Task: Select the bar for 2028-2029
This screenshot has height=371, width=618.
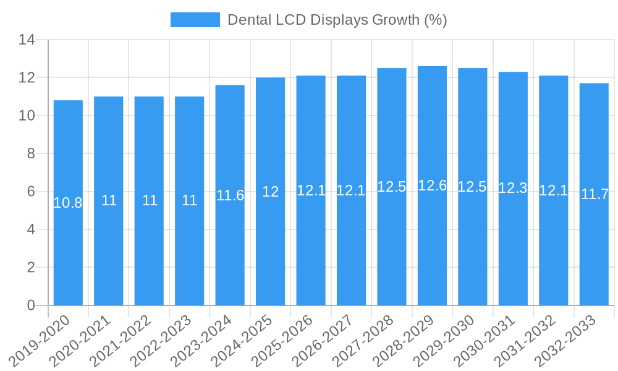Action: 432,247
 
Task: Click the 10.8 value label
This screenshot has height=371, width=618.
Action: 68,203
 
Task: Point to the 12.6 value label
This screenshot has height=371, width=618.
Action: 432,185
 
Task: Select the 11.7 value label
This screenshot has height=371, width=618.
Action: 595,194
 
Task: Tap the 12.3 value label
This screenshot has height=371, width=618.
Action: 513,189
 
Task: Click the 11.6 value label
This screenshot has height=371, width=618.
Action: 230,195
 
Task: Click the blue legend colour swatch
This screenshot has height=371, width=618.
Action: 195,20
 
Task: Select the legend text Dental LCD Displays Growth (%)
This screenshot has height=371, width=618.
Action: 337,20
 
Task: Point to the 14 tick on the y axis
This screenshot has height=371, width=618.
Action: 27,40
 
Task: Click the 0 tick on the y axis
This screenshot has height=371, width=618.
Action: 31,305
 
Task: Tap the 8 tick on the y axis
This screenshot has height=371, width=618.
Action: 31,154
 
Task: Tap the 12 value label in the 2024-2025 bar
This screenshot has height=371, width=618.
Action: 271,192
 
